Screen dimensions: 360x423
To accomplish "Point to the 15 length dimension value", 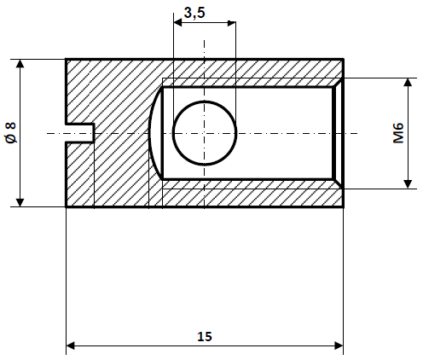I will tap(204, 336).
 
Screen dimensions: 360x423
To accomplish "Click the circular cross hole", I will tap(204, 132).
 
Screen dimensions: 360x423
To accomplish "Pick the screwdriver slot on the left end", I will tap(80, 132).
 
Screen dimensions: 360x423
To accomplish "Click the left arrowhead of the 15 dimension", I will tap(72, 345).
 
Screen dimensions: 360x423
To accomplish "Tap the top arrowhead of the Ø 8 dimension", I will tap(19, 65).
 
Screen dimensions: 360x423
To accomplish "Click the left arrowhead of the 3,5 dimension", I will tap(178, 25).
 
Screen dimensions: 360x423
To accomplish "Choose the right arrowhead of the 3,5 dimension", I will tap(230, 25).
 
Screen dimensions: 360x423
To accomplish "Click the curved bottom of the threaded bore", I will tap(153, 132).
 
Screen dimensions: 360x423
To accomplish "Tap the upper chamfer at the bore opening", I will tap(339, 83).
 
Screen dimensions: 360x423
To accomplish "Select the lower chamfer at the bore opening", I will tap(339, 183).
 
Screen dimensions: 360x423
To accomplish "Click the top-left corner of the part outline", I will tap(67, 60).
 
